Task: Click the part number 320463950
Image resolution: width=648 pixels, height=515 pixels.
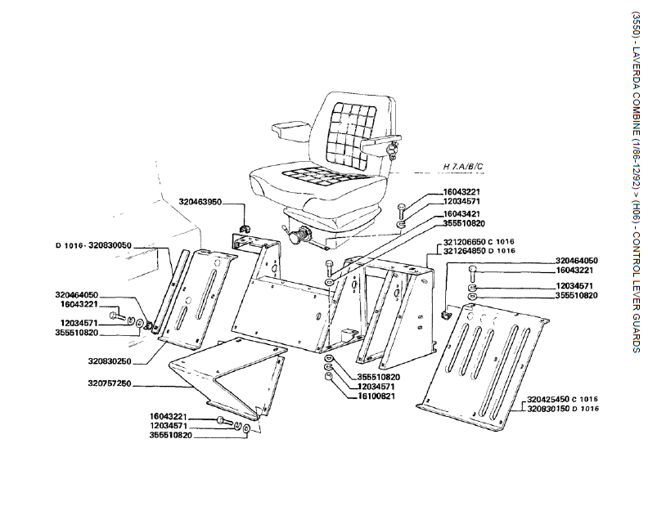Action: click(200, 200)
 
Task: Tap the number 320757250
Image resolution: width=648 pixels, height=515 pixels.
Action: click(110, 384)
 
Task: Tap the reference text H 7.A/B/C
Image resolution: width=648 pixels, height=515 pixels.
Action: click(464, 167)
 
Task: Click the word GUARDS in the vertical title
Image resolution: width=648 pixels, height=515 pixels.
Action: click(636, 335)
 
